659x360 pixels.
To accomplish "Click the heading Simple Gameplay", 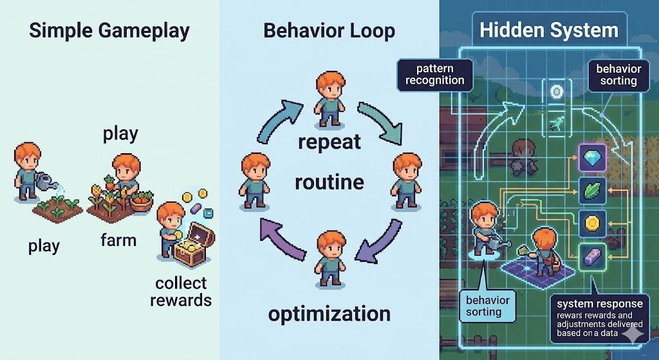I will (x=110, y=32).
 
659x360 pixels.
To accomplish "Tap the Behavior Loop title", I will (x=329, y=32).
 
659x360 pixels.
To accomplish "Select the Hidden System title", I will (x=549, y=30).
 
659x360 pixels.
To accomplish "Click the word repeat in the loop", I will (x=329, y=141).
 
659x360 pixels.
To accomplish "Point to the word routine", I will (x=329, y=183).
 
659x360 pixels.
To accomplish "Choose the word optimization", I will (x=329, y=314).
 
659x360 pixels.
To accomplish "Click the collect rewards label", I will (x=181, y=291).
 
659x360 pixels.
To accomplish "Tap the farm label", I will (x=118, y=240).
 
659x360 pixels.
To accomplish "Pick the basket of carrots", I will (x=141, y=202).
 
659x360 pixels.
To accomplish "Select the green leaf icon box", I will (x=590, y=190).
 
